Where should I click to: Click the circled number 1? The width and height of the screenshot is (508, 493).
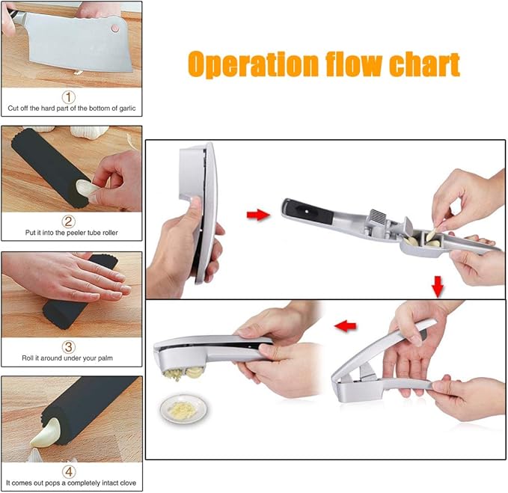69,97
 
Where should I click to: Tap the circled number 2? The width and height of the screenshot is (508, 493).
69,221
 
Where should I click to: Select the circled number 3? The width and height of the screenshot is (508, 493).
69,346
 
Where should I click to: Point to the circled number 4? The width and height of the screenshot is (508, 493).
69,471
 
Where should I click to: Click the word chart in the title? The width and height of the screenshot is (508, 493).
424,65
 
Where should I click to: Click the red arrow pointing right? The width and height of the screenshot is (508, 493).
257,216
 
